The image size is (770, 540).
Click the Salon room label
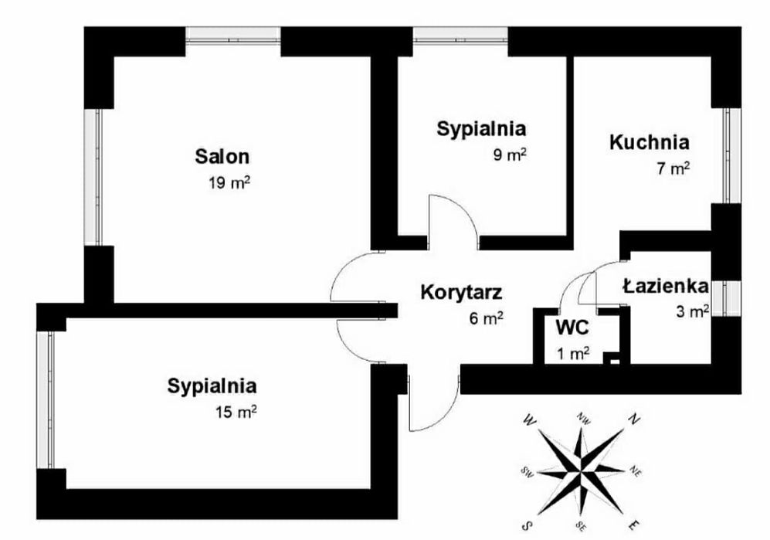(x=222, y=156)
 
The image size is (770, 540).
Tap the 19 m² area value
(x=229, y=183)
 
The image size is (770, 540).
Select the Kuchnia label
(x=650, y=142)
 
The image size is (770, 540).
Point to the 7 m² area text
(x=673, y=168)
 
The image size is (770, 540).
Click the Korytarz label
(x=461, y=292)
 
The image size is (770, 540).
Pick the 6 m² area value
(x=486, y=318)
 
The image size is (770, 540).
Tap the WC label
(x=572, y=328)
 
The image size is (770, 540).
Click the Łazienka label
(x=666, y=286)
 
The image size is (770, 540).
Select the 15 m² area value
(x=236, y=411)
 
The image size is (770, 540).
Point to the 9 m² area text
(x=510, y=155)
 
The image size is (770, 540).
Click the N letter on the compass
(x=635, y=419)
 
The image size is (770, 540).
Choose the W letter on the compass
(x=529, y=419)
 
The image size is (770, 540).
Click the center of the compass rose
(x=581, y=472)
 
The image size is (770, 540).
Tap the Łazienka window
(x=727, y=298)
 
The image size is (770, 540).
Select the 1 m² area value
(x=573, y=353)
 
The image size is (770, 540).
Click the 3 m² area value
(x=693, y=311)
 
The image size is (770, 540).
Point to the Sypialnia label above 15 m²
(x=212, y=386)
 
